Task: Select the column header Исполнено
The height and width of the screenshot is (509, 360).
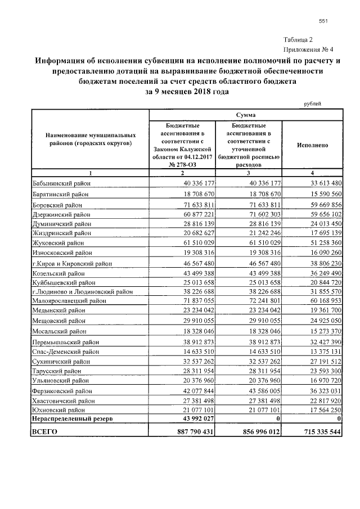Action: (x=312, y=145)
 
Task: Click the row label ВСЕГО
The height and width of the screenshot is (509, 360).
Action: (x=45, y=431)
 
